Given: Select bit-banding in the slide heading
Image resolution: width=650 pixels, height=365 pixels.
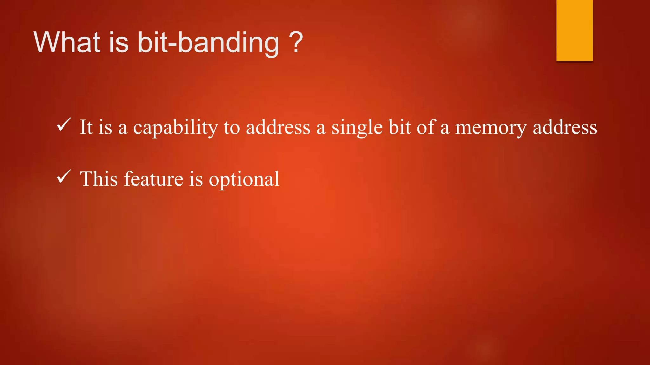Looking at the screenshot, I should (x=208, y=43).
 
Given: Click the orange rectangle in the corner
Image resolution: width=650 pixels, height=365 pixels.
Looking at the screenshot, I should (x=574, y=30).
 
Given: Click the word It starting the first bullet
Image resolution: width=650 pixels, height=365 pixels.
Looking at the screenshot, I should (x=86, y=127).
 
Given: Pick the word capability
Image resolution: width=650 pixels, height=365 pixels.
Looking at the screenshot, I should (x=176, y=128).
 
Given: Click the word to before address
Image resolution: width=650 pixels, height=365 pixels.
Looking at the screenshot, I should (x=232, y=127).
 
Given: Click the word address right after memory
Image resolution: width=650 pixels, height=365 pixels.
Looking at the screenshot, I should (x=565, y=127).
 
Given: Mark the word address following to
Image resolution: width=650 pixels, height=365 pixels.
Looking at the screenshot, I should (x=278, y=127).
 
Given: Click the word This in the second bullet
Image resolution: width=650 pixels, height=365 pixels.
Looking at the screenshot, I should (x=99, y=179).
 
